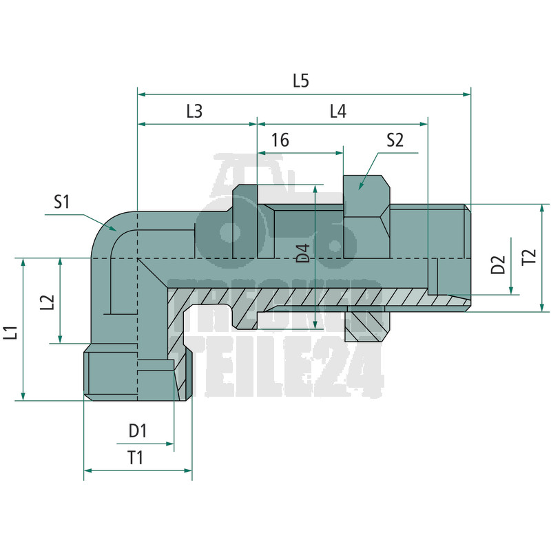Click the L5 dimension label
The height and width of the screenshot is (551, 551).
pos(301,81)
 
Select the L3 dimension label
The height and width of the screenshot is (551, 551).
pos(194,112)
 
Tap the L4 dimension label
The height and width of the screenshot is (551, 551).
pos(338,112)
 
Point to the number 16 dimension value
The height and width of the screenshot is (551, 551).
pos(280,141)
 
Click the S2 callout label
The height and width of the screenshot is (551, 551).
pos(395,141)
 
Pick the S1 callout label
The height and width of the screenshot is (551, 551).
pos(62,202)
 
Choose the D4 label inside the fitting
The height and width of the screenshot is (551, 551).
pos(303,253)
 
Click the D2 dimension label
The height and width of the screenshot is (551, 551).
pos(498,264)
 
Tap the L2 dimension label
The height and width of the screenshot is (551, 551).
pos(47,302)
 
